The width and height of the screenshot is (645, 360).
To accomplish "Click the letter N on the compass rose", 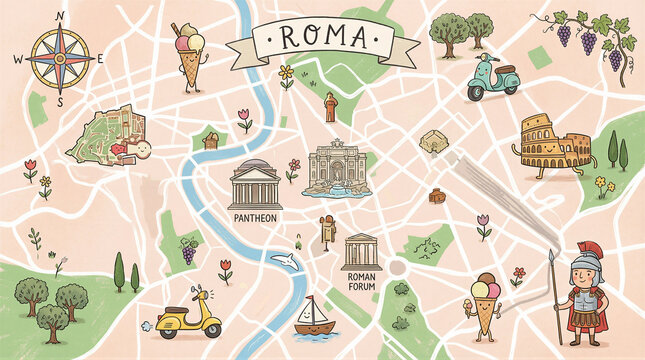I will click(59, 15).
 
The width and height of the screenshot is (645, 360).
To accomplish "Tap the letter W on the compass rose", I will click(16, 59).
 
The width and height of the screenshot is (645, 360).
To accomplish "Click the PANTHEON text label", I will click(253, 216).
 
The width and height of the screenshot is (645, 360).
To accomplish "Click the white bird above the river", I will click(290, 261).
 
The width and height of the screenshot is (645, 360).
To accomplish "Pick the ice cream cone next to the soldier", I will click(487, 301).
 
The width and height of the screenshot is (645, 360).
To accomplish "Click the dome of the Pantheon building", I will click(254, 165).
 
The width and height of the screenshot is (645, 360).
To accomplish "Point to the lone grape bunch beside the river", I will click(188, 251).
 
